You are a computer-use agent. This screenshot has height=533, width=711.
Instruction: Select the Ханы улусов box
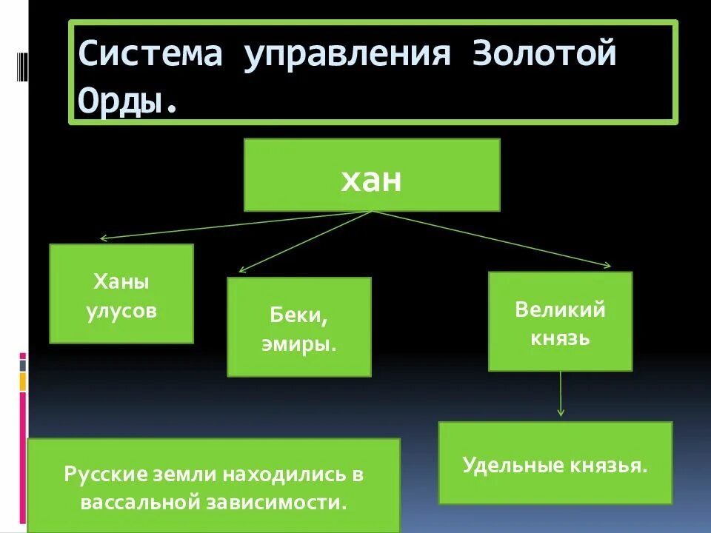click(121, 294)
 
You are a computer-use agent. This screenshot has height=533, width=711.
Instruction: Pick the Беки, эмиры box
click(298, 327)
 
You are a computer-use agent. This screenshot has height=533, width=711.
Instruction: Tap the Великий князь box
click(560, 321)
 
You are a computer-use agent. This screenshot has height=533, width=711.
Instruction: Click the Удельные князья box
click(555, 463)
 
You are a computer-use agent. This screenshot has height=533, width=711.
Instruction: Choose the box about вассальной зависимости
click(213, 486)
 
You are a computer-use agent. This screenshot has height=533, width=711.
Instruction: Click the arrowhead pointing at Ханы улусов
click(104, 238)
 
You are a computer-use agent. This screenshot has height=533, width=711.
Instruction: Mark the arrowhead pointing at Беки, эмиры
click(241, 270)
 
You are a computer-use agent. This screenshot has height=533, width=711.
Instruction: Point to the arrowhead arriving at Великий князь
click(607, 265)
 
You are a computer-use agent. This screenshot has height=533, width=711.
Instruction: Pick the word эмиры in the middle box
click(298, 345)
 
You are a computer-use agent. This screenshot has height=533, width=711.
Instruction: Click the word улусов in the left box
click(121, 310)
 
